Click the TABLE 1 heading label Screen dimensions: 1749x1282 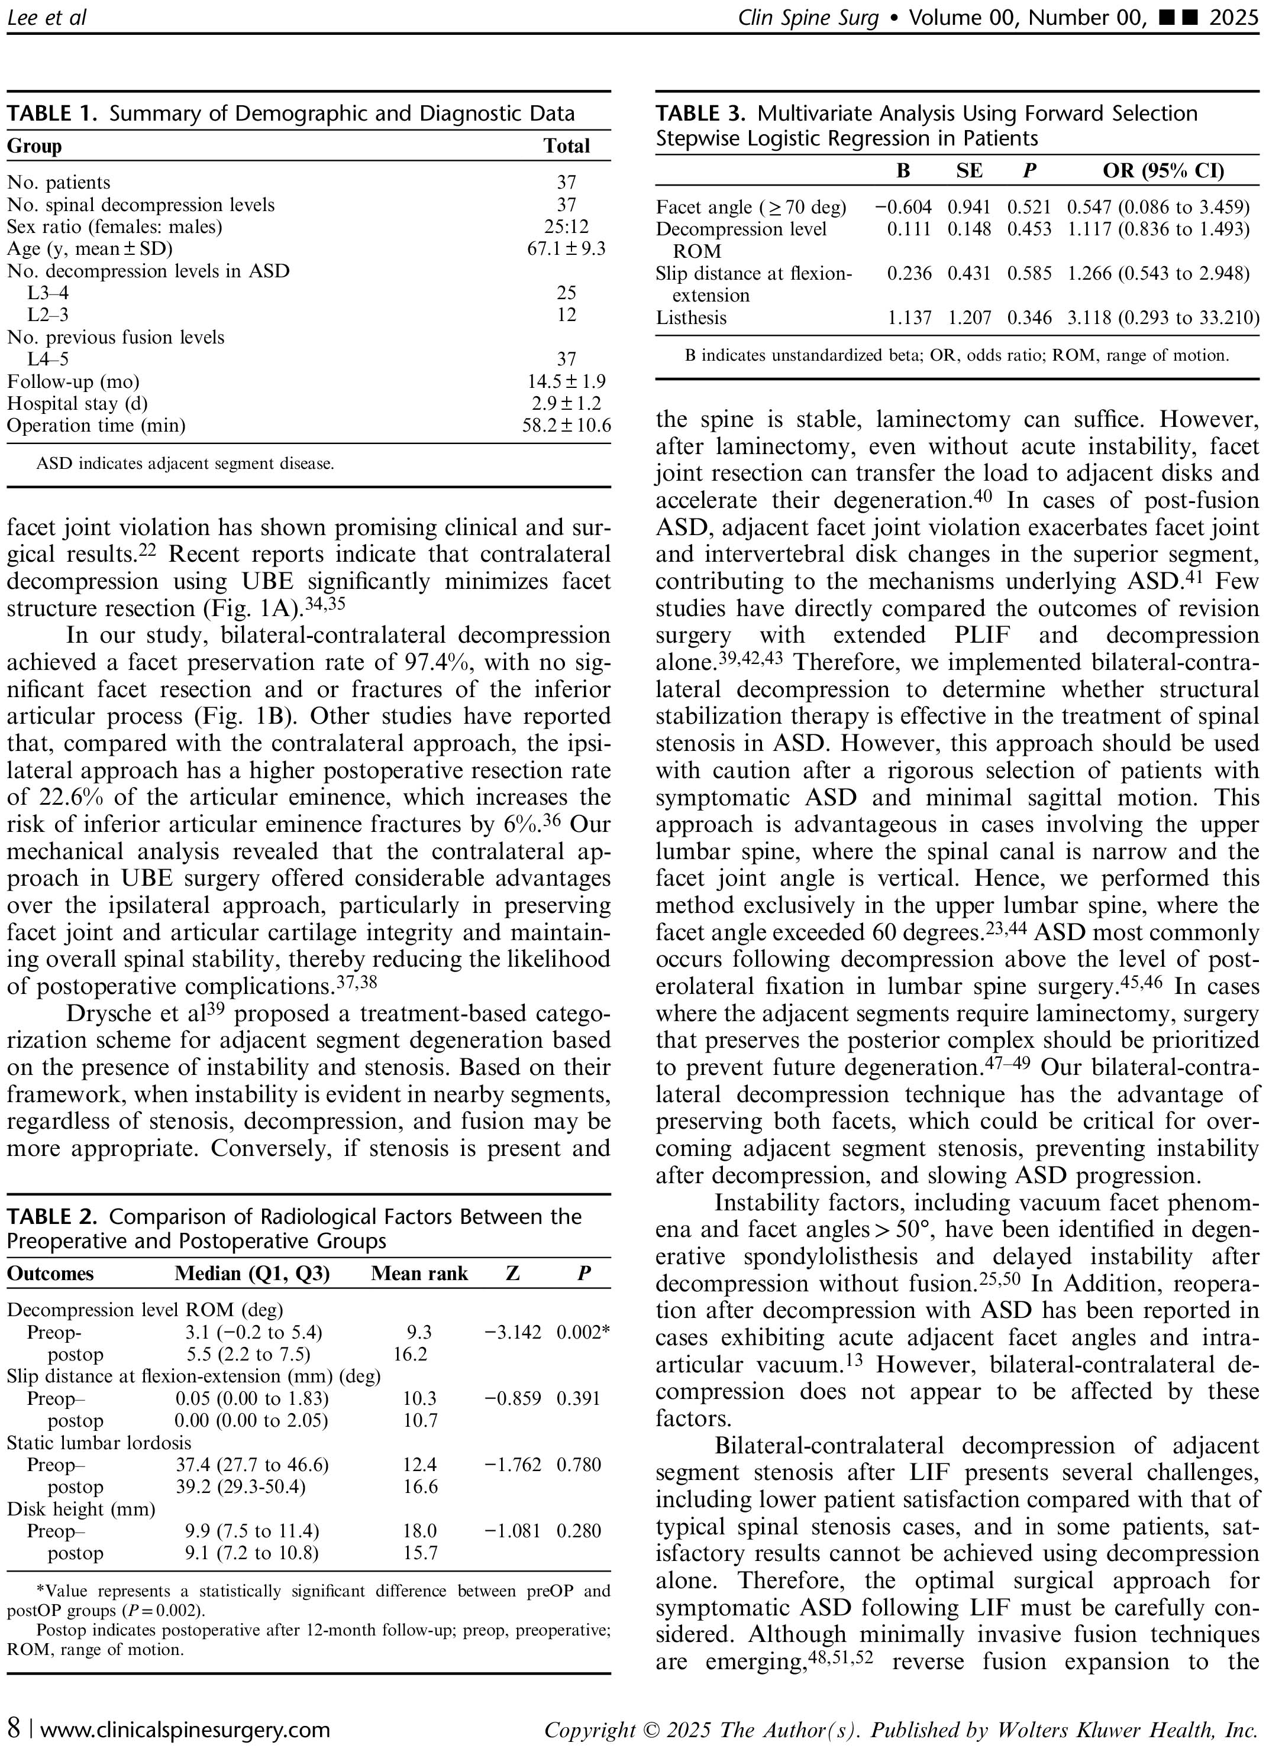tap(52, 114)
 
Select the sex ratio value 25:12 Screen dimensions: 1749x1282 tap(567, 226)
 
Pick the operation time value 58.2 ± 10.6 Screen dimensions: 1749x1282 tap(567, 425)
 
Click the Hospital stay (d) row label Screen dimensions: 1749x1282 tap(77, 403)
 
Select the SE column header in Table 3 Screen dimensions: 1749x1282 tap(969, 171)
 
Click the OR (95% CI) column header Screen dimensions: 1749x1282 tap(1163, 171)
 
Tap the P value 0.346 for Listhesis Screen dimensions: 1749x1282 tap(1029, 318)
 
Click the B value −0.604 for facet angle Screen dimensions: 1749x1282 tap(903, 207)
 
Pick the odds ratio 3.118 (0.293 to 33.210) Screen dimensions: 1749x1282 tap(1162, 318)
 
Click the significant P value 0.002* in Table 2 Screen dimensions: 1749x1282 tap(583, 1333)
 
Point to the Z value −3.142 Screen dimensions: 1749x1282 tap(512, 1333)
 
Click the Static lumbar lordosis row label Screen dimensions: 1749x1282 tap(99, 1443)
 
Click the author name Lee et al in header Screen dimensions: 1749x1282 tap(47, 17)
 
